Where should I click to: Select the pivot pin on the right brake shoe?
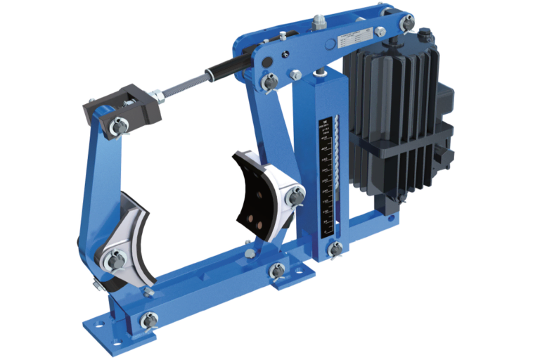(295, 197)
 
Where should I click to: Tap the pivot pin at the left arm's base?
(148, 321)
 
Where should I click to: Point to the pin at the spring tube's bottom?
(337, 247)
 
